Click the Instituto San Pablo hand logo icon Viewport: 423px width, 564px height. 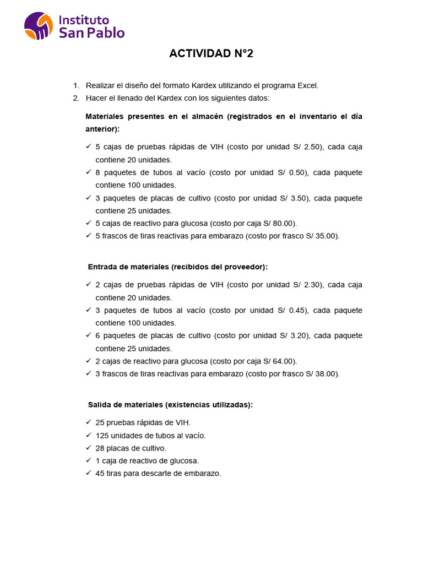pos(39,26)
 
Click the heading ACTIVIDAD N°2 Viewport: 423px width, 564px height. pos(211,53)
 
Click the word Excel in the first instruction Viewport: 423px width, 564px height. pos(307,85)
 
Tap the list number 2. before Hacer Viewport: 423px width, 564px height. pos(76,98)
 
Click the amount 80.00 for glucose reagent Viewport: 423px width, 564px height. pos(285,223)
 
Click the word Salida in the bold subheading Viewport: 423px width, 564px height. pos(99,404)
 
